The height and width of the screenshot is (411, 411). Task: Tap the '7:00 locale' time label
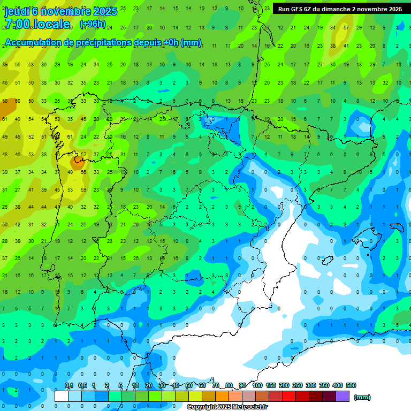(37, 25)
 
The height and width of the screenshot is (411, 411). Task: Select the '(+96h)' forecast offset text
(93, 24)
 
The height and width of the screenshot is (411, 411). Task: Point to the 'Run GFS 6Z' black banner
(340, 9)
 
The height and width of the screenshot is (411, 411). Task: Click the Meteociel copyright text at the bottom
(227, 407)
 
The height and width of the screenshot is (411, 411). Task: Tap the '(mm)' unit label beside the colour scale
(362, 397)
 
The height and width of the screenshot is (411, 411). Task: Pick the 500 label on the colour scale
(351, 385)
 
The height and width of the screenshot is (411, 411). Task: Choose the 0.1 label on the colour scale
(69, 385)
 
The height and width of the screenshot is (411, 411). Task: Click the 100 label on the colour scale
(257, 385)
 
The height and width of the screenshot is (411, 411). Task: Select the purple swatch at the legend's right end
(343, 397)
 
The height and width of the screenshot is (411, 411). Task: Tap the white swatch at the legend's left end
(62, 397)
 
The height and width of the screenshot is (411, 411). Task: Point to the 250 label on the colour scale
(298, 385)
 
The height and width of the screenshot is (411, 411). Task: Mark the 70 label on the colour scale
(216, 385)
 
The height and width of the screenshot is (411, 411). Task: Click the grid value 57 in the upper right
(346, 27)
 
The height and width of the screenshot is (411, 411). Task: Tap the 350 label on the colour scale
(324, 385)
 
